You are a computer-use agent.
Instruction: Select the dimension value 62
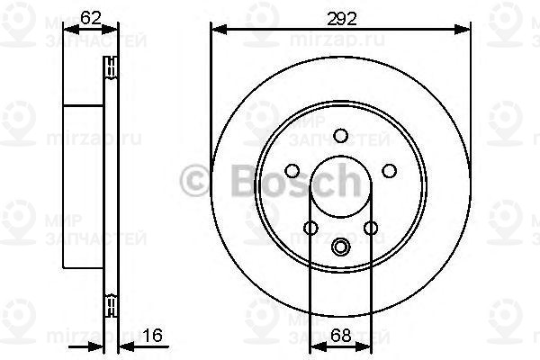coord(89,15)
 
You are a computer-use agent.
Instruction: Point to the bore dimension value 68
coord(341,336)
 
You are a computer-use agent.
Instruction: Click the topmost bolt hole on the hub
coord(340,136)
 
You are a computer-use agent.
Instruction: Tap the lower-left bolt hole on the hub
coord(310,229)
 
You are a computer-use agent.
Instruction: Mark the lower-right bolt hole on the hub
coord(370,229)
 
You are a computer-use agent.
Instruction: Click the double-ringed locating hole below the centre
coord(340,246)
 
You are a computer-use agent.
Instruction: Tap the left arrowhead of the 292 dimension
coord(216,31)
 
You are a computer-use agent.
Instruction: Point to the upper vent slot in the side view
coord(112,65)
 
